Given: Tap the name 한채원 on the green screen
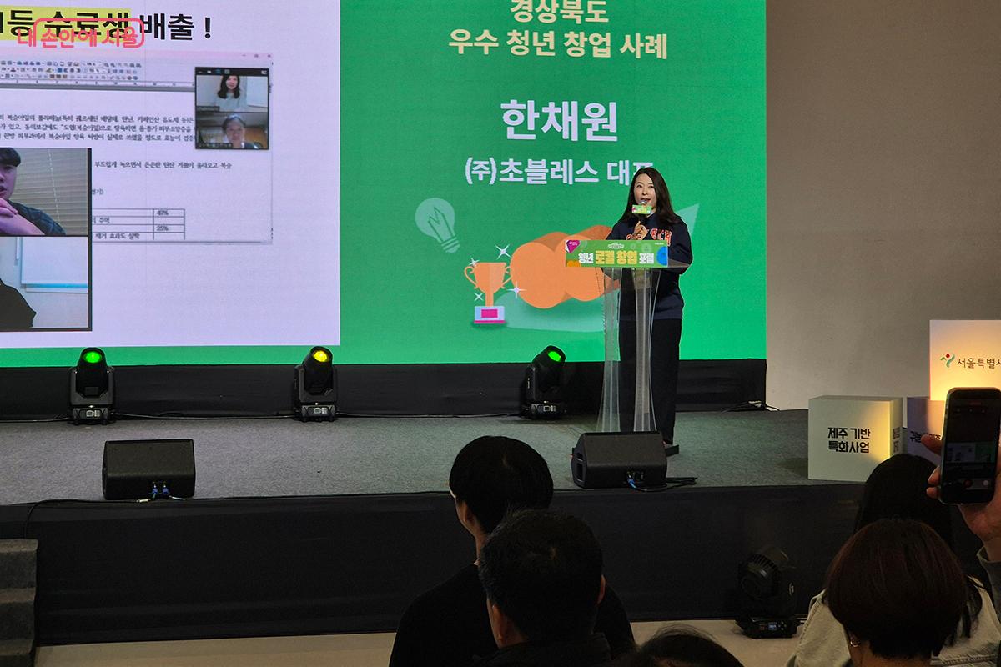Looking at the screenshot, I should tap(559, 122).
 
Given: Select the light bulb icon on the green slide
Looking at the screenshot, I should tap(438, 222).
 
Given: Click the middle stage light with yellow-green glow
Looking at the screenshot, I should tap(315, 382).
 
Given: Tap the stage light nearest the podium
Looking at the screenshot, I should tap(544, 380).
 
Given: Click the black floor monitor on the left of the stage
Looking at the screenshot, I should tap(148, 468).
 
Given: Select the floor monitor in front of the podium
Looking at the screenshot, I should tap(619, 459).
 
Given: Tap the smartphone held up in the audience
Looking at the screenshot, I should tap(969, 445).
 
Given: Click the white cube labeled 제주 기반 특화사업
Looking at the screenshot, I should tap(853, 438).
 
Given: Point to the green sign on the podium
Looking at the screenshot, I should tap(616, 253).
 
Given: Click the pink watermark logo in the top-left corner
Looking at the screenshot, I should tap(79, 33).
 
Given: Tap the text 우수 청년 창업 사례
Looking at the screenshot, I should tap(557, 47).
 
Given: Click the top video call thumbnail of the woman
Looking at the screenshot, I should tap(231, 90).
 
